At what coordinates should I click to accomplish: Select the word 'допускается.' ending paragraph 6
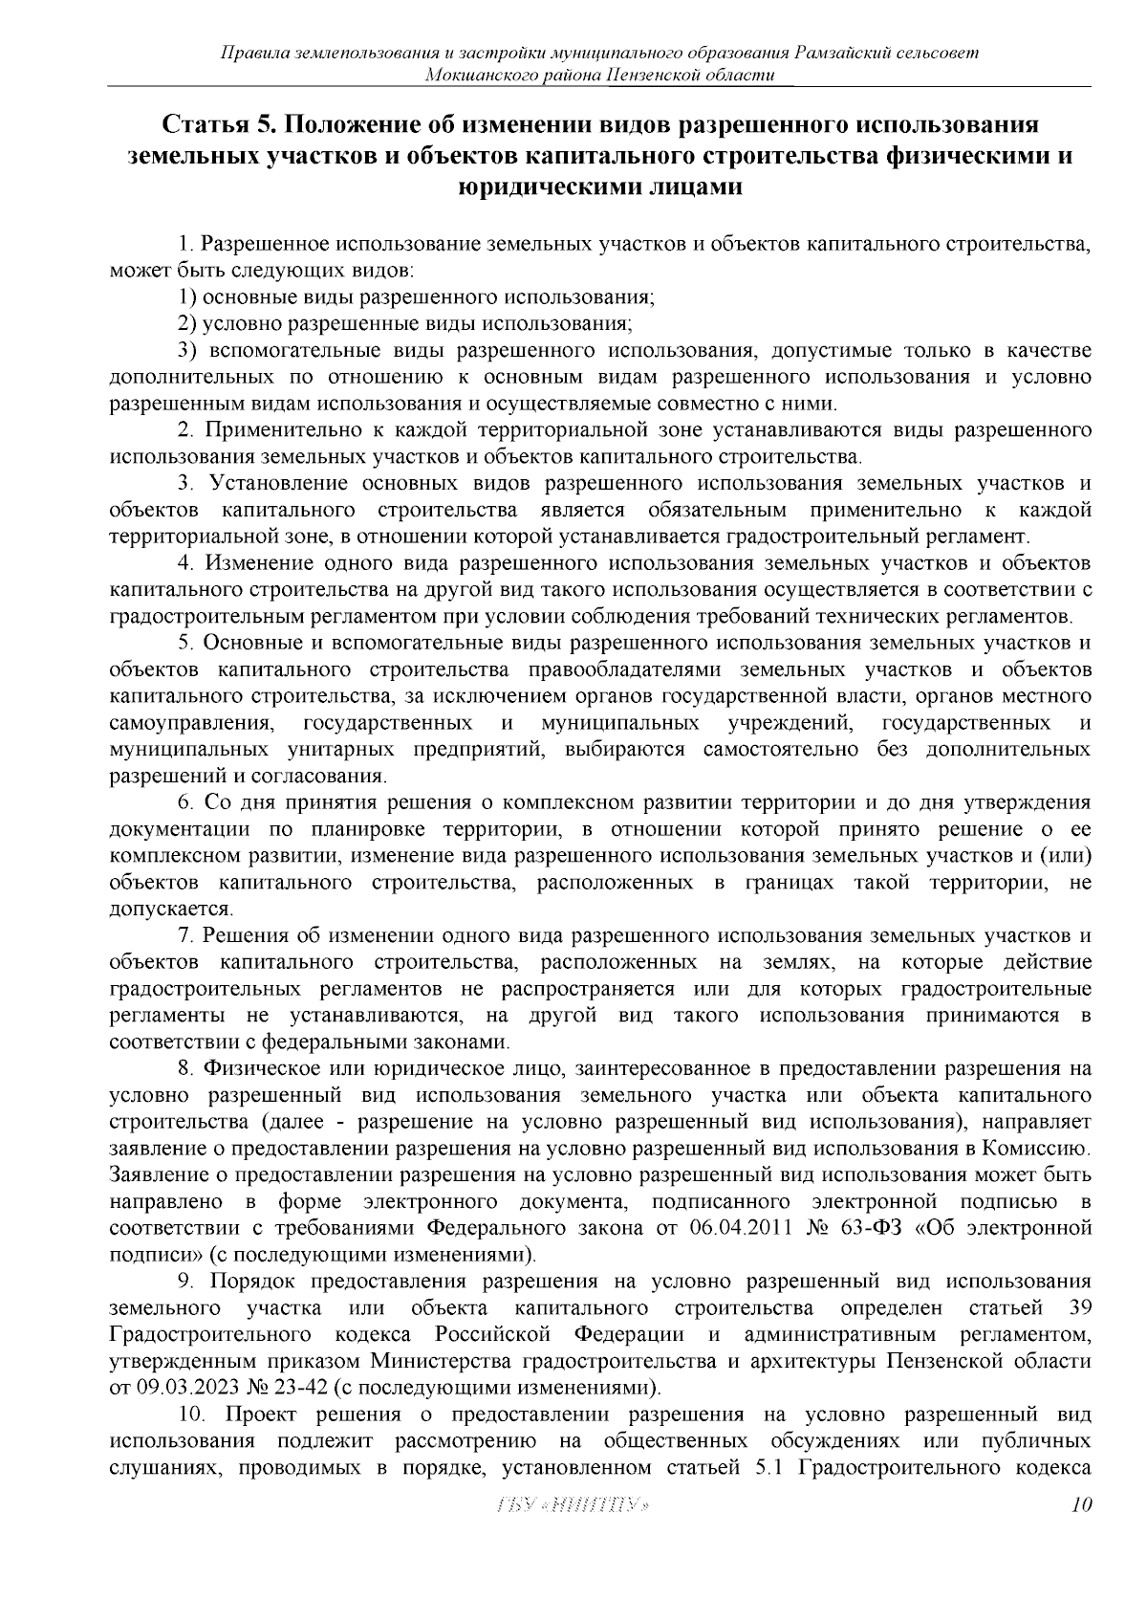click(x=159, y=907)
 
